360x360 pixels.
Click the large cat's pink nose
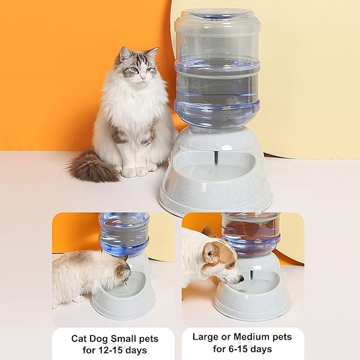tap(143, 77)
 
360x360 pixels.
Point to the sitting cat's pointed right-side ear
tap(152, 53)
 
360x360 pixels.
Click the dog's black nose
tap(241, 279)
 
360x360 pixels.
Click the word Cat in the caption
tap(79, 338)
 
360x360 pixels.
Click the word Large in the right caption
tap(206, 337)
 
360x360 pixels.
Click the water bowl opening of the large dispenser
tap(214, 165)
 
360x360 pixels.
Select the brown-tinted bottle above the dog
tap(251, 235)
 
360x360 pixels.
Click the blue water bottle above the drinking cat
tap(124, 234)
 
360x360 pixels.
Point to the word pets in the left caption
tap(149, 339)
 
